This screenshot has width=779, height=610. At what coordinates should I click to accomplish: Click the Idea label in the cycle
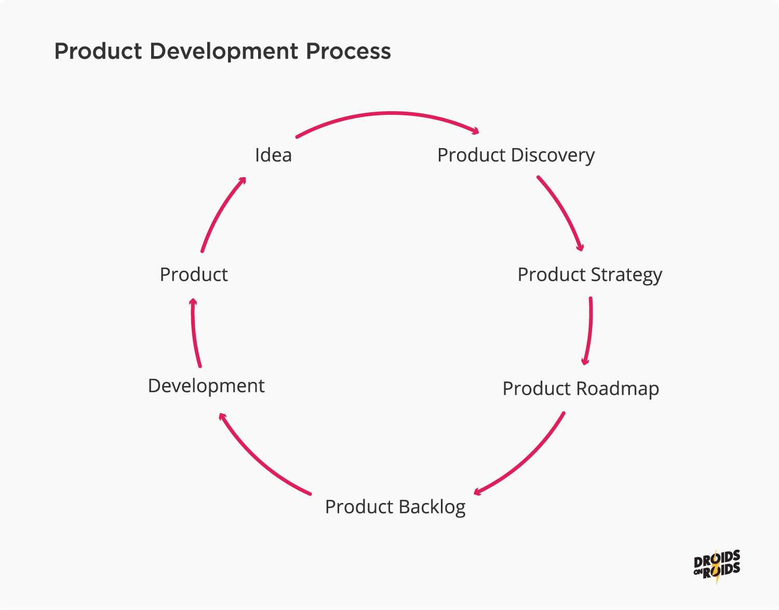coord(273,155)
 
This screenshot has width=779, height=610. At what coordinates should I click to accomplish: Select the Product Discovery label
coord(516,155)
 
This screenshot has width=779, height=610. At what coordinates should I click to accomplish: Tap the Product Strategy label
coord(589,274)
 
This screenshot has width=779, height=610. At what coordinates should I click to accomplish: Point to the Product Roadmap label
coord(581,389)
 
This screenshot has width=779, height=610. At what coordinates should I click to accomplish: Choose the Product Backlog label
coord(395,507)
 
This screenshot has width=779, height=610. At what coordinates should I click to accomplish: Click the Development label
coord(206,386)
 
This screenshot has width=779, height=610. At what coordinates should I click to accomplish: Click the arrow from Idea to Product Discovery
coord(389,113)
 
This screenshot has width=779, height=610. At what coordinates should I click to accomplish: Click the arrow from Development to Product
coord(194,333)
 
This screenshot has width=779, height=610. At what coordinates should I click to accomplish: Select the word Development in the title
coord(224,51)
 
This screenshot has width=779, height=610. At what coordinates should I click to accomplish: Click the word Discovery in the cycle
coord(553,155)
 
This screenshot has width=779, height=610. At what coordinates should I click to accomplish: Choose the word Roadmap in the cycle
coord(617,389)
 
